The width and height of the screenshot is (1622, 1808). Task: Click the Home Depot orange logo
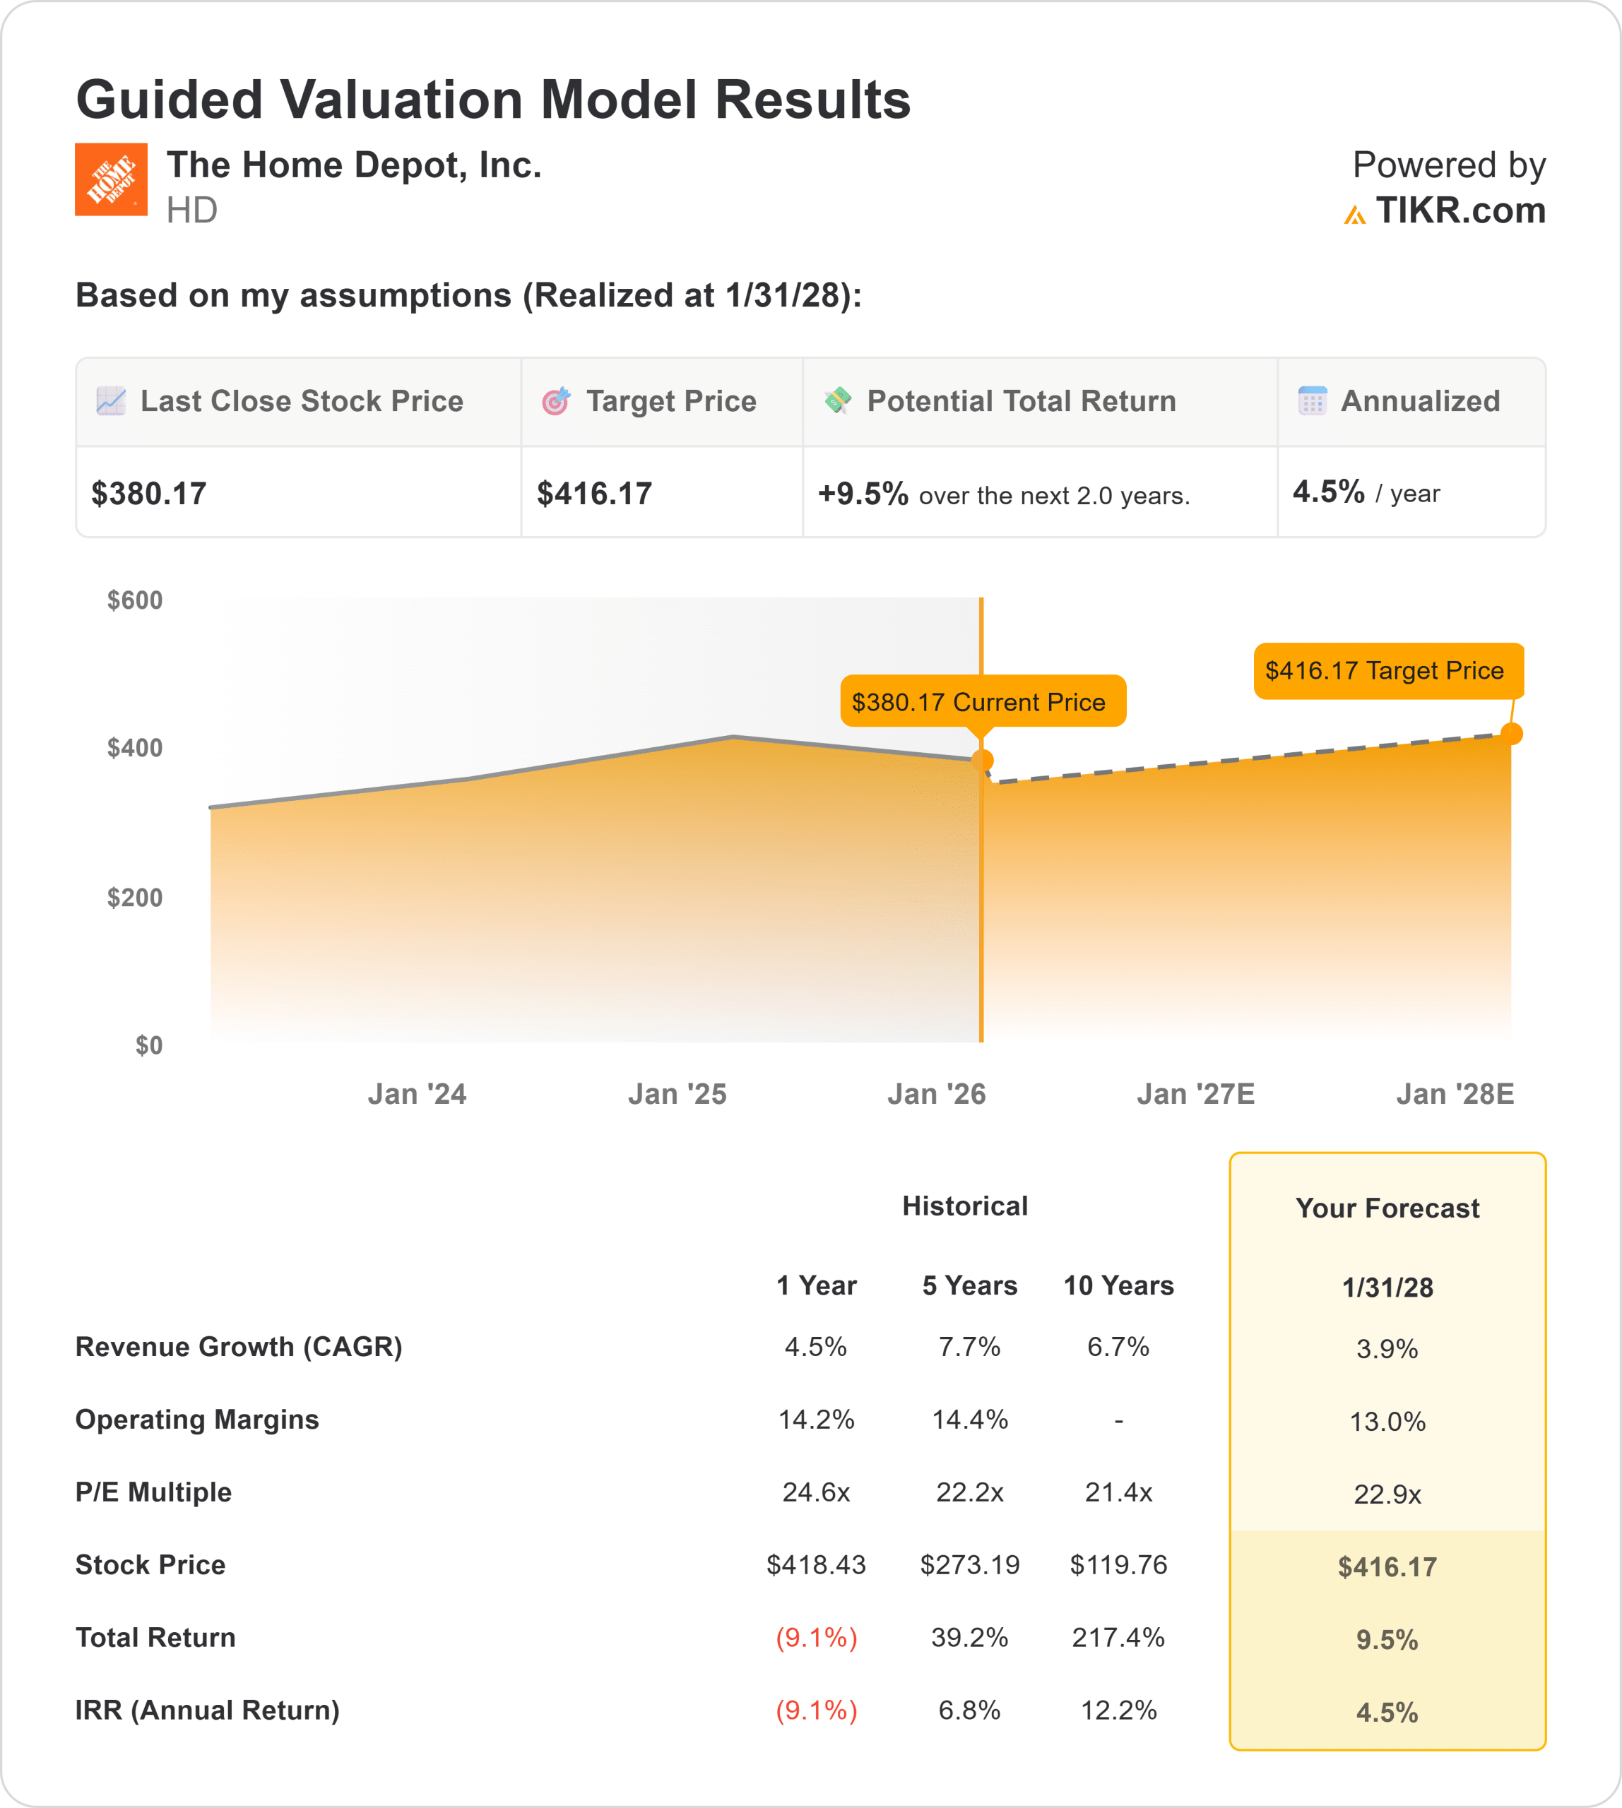pos(110,179)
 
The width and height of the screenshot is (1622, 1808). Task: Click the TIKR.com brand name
pos(1460,211)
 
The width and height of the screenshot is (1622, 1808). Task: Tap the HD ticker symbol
pos(191,211)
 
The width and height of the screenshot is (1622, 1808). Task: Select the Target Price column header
pos(670,402)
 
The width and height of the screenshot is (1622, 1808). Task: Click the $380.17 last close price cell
pos(150,494)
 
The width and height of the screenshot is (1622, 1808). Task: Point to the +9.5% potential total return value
pos(863,494)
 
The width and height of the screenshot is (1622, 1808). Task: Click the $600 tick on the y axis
pos(136,600)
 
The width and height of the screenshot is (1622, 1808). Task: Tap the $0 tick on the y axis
pos(149,1045)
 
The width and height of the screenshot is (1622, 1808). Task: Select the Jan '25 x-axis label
pos(677,1094)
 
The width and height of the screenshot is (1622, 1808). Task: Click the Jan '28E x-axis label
pos(1455,1094)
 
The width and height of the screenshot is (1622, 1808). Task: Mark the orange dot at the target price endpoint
pos(1512,734)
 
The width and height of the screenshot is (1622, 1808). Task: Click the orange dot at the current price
pos(982,761)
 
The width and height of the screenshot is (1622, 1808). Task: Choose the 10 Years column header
pos(1118,1286)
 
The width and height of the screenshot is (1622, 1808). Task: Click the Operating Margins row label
pos(197,1420)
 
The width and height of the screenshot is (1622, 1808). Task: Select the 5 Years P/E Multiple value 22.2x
pos(970,1492)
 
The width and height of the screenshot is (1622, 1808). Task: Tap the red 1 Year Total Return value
pos(817,1638)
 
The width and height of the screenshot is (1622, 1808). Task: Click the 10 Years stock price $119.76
pos(1118,1565)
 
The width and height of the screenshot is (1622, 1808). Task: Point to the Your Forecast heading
pos(1387,1208)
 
